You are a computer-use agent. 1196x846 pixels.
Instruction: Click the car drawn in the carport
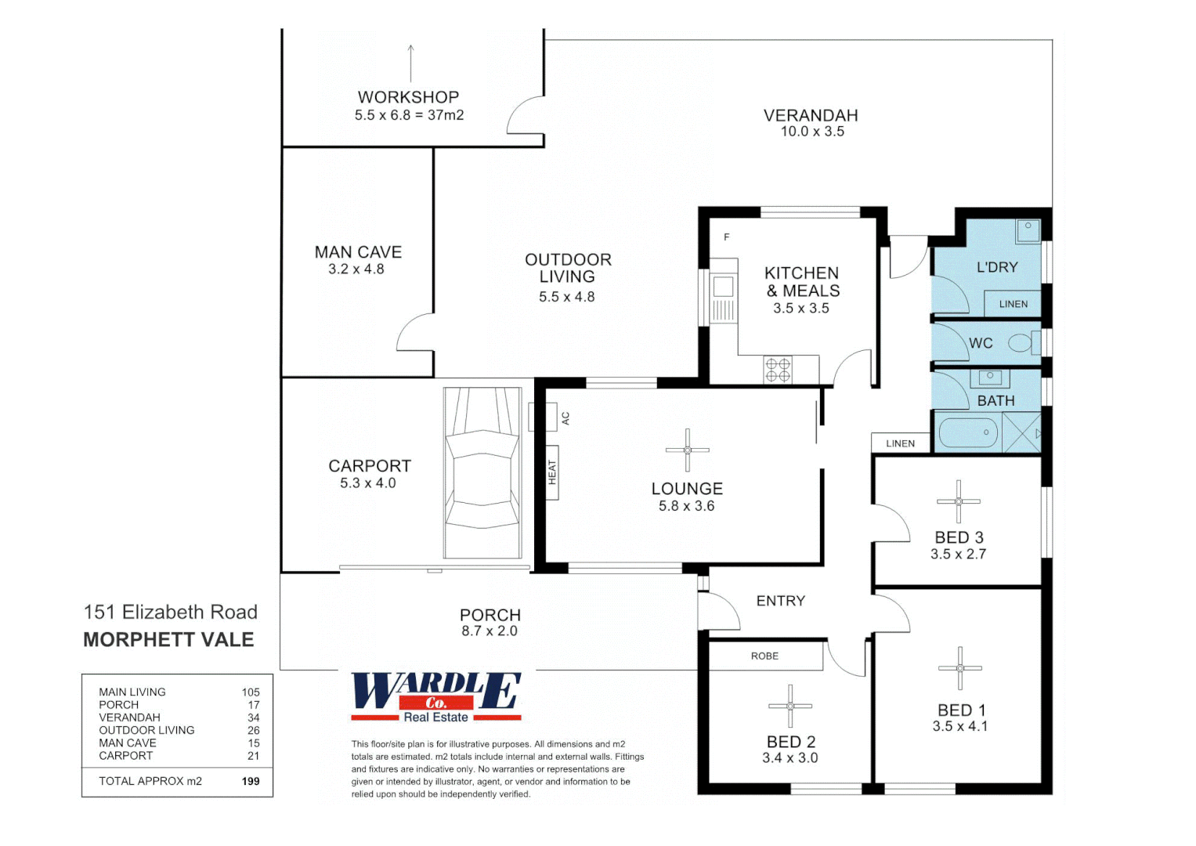[482, 473]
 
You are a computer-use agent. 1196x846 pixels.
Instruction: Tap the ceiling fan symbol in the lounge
[687, 450]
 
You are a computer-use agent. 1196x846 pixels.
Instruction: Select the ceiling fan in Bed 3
[958, 501]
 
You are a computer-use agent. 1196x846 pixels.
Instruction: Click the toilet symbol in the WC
[1020, 343]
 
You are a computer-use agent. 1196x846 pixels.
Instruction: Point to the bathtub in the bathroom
[967, 432]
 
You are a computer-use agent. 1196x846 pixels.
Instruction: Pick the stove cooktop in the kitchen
[778, 370]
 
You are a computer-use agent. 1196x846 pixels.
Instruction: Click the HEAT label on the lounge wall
[552, 472]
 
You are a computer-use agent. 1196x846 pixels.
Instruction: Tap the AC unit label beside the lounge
[565, 418]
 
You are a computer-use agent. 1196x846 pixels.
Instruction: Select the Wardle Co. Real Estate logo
[435, 696]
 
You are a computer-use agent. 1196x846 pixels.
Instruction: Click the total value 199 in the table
[251, 781]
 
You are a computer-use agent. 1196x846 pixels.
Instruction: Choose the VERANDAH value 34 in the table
[253, 718]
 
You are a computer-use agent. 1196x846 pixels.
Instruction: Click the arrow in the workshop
[410, 63]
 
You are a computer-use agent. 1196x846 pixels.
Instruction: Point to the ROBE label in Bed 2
[764, 656]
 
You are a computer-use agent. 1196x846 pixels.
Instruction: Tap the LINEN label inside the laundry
[1013, 304]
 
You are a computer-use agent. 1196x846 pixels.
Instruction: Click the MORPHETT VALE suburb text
[168, 640]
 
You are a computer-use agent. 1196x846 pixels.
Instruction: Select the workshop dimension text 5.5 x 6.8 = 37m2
[409, 115]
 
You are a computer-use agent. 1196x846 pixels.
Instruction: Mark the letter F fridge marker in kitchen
[726, 237]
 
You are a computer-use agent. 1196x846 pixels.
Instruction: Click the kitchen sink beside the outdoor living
[723, 287]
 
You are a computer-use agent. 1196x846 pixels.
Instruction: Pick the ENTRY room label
[780, 601]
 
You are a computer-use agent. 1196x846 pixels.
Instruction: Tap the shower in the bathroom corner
[1022, 432]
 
